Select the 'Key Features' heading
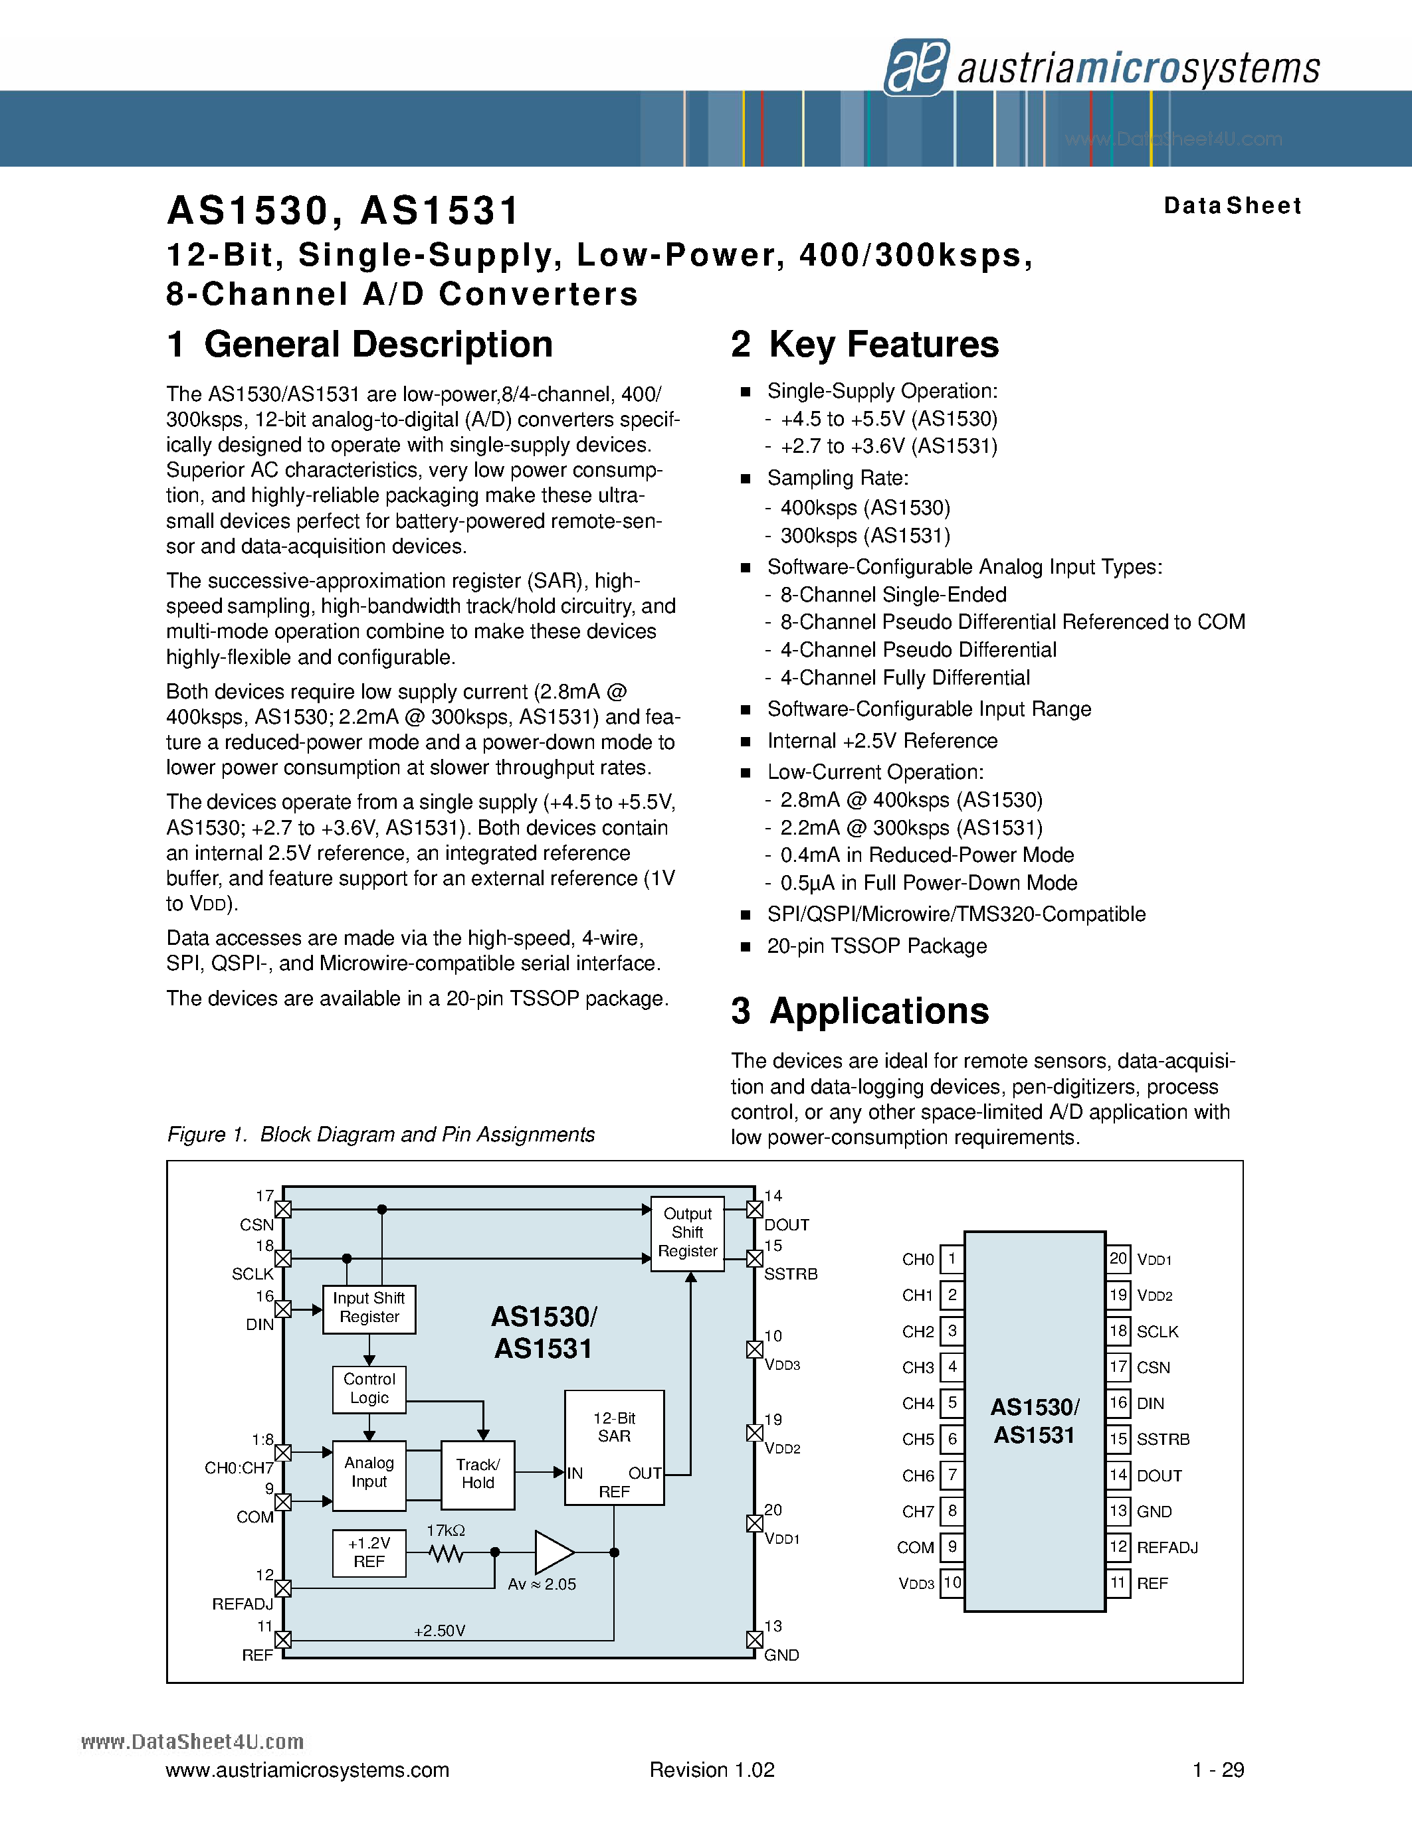click(x=865, y=345)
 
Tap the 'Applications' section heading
click(x=860, y=1011)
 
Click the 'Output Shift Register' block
click(x=688, y=1233)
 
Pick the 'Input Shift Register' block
click(x=369, y=1309)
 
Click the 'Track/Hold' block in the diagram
click(x=478, y=1475)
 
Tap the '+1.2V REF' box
click(x=369, y=1552)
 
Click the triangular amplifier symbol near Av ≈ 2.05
click(x=553, y=1552)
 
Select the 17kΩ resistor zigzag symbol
click(x=446, y=1554)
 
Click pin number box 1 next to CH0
click(x=952, y=1259)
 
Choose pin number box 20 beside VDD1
click(x=1118, y=1259)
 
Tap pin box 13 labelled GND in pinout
click(x=1118, y=1511)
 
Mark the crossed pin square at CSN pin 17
click(x=284, y=1210)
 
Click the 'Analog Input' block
click(x=369, y=1475)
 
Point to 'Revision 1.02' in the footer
click(x=712, y=1770)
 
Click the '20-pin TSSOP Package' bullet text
click(x=876, y=946)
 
